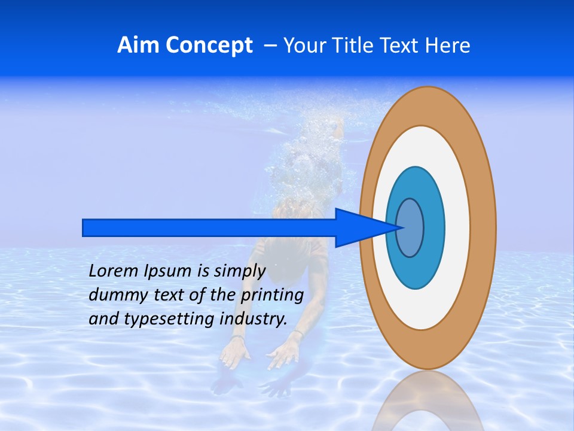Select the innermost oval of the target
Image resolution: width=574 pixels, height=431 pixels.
click(x=410, y=227)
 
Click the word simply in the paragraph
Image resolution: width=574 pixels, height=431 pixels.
click(x=240, y=271)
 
